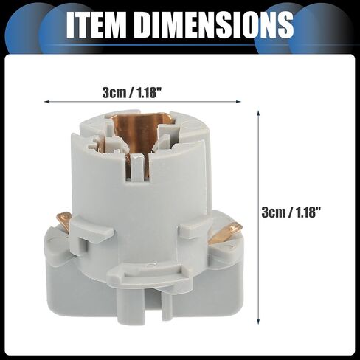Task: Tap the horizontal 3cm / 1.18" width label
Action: coord(132,93)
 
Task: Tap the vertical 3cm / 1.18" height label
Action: coord(291,212)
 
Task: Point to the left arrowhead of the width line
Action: coord(46,101)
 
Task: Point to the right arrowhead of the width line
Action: coord(238,101)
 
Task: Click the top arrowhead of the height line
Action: coord(258,113)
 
